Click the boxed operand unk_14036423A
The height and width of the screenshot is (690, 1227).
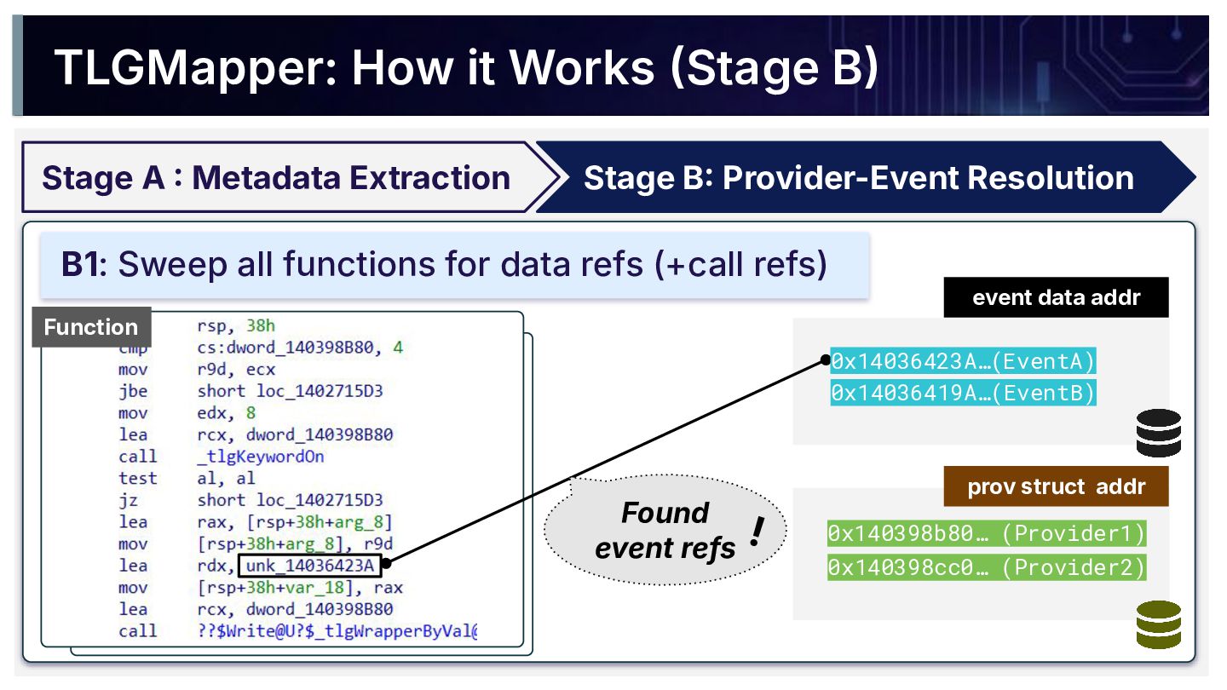click(310, 565)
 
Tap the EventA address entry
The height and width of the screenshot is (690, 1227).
click(963, 361)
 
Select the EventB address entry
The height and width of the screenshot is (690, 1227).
click(963, 393)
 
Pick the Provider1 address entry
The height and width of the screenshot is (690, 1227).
click(987, 533)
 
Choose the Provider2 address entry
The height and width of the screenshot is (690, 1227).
click(987, 567)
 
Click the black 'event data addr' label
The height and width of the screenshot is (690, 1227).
click(1056, 297)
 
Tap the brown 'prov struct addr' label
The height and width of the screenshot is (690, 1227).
click(1056, 486)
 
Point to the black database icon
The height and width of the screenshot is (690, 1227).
click(1159, 433)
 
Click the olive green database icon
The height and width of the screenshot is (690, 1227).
click(1159, 624)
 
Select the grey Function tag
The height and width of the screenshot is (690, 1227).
click(91, 327)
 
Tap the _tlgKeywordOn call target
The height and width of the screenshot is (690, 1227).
click(261, 457)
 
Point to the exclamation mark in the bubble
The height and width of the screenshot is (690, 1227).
click(758, 532)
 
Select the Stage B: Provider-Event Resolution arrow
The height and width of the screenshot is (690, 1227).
click(866, 177)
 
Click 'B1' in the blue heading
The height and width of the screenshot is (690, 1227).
click(80, 264)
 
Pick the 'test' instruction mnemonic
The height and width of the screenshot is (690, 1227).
click(137, 478)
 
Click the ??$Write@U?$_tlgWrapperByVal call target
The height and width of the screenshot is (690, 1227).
click(337, 631)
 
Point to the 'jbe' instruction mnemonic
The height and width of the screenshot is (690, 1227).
click(133, 391)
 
